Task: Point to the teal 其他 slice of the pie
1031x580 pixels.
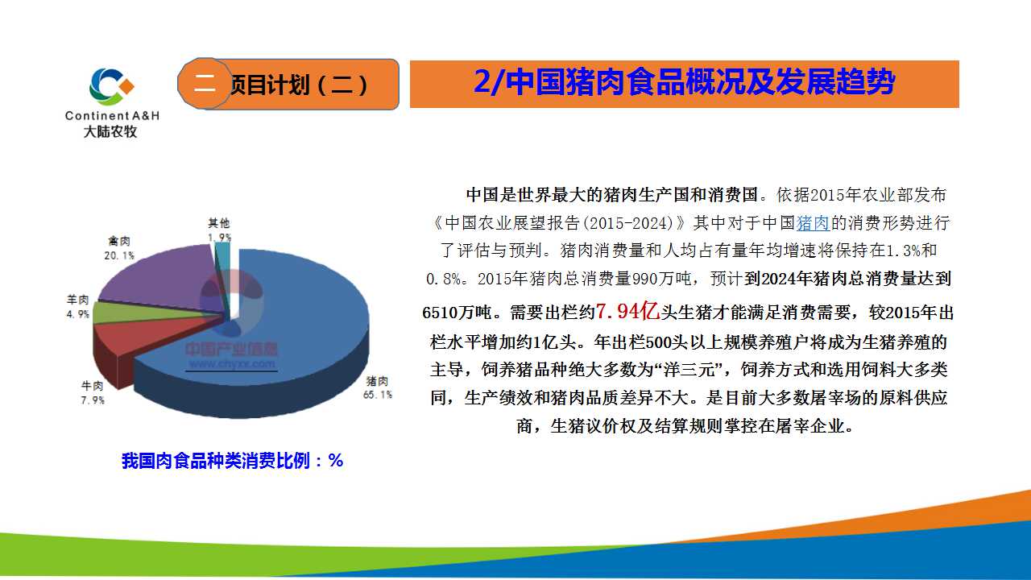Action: tap(223, 276)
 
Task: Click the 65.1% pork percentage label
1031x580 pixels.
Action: tap(378, 395)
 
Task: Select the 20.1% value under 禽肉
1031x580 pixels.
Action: tap(119, 255)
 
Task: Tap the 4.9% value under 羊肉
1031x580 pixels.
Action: tap(78, 314)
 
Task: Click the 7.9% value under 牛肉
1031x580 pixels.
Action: tap(93, 400)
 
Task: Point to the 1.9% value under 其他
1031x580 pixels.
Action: tap(219, 238)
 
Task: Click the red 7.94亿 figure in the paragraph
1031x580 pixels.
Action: tap(627, 312)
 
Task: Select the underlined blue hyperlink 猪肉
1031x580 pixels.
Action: tap(813, 223)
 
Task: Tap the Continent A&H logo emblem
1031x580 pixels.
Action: tap(112, 86)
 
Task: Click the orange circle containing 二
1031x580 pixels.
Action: tap(205, 83)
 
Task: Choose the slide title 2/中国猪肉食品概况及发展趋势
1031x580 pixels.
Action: tap(684, 82)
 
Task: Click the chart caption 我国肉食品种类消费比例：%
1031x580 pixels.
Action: tap(233, 460)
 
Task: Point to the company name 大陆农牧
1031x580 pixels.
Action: tap(110, 131)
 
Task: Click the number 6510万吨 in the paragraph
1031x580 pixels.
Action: tap(457, 313)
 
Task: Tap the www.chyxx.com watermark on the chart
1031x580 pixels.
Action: tap(232, 364)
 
